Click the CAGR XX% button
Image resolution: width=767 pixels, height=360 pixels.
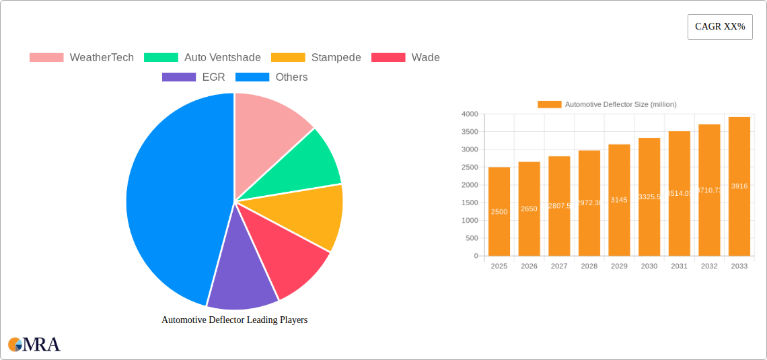point(719,27)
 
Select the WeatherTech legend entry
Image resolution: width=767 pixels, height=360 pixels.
point(81,58)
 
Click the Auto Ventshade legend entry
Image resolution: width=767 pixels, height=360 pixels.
point(202,58)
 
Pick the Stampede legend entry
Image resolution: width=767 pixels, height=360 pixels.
point(316,58)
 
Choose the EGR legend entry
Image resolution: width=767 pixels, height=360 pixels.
point(194,77)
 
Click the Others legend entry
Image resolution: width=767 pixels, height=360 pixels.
point(272,77)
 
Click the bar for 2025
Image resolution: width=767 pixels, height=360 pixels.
point(499,212)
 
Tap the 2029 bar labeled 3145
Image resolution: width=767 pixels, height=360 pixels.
point(619,201)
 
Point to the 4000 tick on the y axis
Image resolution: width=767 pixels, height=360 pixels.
point(469,114)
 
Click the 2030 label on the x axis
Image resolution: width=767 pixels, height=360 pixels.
point(649,266)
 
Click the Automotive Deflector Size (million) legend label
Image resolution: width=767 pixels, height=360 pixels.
point(620,104)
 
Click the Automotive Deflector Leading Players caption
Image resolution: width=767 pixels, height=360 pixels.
point(234,320)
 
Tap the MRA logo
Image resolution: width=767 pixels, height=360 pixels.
point(34,345)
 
